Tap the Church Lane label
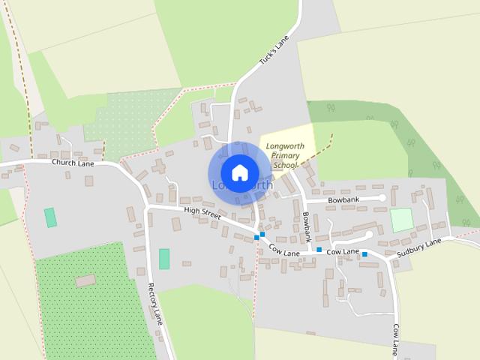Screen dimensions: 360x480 click(x=72, y=162)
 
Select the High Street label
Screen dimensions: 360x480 click(x=202, y=213)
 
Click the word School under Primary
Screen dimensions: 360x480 click(x=286, y=164)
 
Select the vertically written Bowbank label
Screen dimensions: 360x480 click(x=307, y=225)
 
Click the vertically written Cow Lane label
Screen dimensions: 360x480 click(x=395, y=341)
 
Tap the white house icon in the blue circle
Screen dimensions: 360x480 click(x=239, y=172)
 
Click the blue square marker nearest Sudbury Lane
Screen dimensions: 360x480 click(x=364, y=255)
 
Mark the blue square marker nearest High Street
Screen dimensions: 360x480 click(x=257, y=237)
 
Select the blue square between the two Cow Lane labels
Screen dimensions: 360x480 click(x=319, y=249)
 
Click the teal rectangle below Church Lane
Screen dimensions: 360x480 click(x=50, y=217)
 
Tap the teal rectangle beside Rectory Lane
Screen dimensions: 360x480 click(x=164, y=259)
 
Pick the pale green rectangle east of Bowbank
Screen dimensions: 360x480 click(x=402, y=220)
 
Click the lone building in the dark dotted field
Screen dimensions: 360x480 click(x=86, y=280)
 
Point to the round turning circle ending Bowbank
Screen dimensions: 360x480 click(x=382, y=198)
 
